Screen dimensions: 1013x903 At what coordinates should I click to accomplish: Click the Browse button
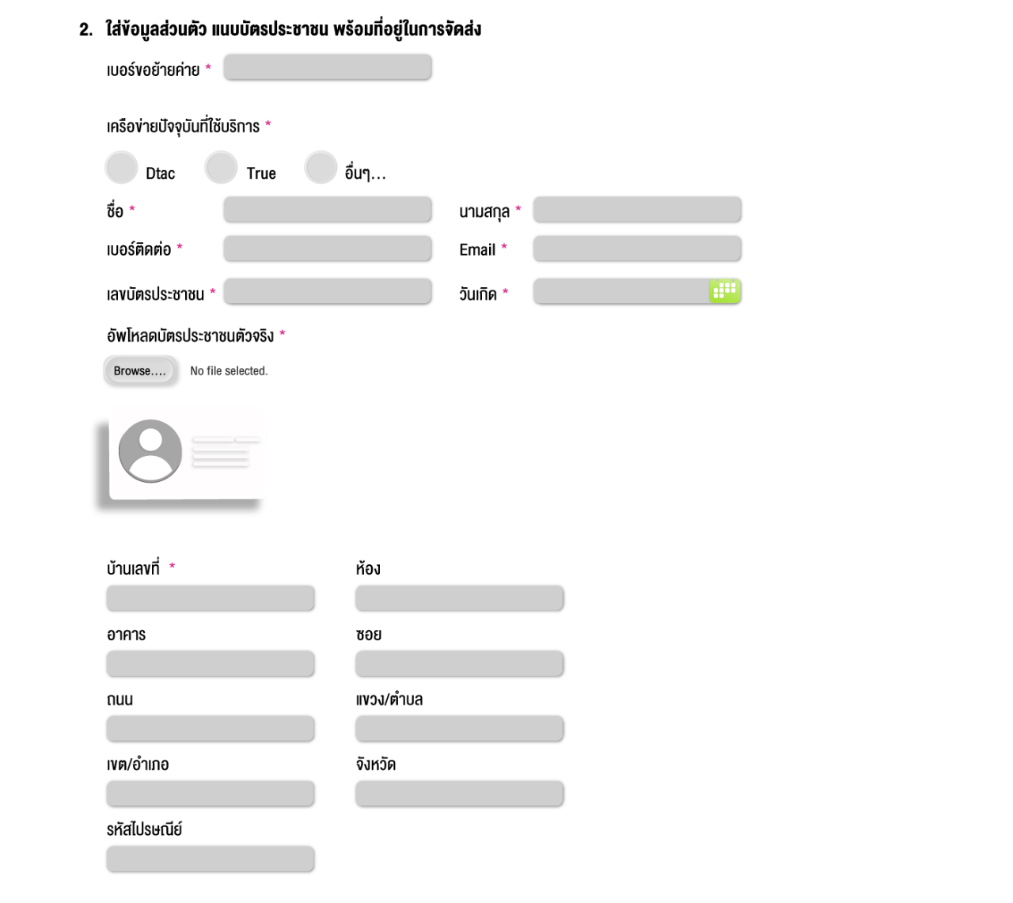139,370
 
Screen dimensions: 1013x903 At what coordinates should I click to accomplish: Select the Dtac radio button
122,167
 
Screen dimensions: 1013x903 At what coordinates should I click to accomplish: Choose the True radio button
221,167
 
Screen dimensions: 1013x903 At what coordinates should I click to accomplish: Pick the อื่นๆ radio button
321,167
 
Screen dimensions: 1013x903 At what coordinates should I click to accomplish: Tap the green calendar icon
724,290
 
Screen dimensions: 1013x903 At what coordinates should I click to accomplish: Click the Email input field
637,248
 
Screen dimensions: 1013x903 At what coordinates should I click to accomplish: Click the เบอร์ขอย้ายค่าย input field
328,67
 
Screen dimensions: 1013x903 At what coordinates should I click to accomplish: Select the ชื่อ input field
328,209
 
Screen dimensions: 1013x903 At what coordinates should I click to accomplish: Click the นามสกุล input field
637,209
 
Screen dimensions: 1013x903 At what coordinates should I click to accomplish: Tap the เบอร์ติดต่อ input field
328,248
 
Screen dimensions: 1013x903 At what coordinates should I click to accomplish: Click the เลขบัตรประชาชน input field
328,291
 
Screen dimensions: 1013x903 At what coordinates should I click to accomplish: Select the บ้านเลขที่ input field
211,598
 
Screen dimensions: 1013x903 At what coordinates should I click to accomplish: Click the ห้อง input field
460,598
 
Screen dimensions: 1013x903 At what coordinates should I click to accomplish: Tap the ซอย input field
460,663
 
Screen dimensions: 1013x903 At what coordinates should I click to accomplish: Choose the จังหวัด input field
460,794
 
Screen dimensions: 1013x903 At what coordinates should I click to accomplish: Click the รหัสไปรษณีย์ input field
211,859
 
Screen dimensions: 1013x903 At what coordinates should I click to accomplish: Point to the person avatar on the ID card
150,451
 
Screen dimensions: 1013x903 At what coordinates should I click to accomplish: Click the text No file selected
229,371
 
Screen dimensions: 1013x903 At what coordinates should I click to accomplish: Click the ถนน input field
211,729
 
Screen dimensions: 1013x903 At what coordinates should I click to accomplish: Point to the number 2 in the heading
84,30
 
